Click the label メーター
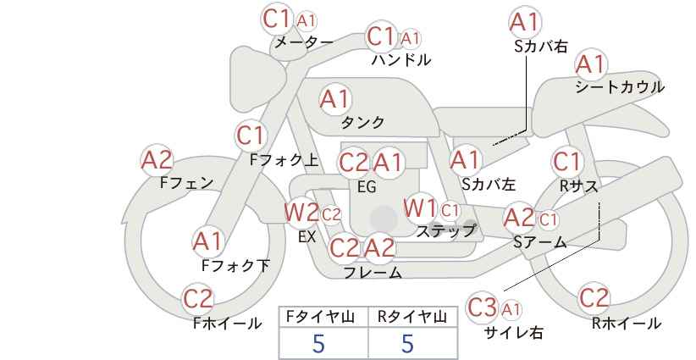[304, 42]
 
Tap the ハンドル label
[401, 59]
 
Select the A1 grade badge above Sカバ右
[525, 22]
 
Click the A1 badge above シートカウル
[591, 64]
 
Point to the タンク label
[362, 122]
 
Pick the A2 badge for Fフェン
[157, 160]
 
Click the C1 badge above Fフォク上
[251, 136]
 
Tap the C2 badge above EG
[354, 163]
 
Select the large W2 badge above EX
[301, 213]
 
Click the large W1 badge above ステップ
[420, 208]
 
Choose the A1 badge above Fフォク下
[207, 241]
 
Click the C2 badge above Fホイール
[198, 298]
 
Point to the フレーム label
[373, 273]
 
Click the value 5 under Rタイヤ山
[408, 343]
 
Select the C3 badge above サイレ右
[483, 307]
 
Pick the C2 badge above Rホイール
[594, 298]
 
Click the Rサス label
[579, 187]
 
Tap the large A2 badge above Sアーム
[520, 218]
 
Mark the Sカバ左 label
[489, 184]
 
